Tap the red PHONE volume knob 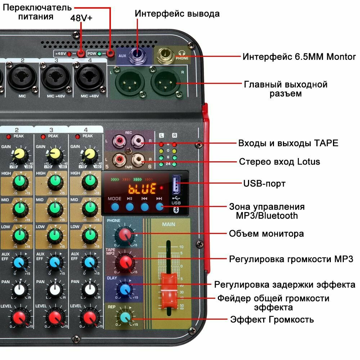125,234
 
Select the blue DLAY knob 125,289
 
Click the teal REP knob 125,317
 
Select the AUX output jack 137,55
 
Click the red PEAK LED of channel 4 77,136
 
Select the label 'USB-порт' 264,184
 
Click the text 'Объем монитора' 266,234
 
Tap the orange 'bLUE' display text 143,188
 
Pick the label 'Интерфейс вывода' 177,14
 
